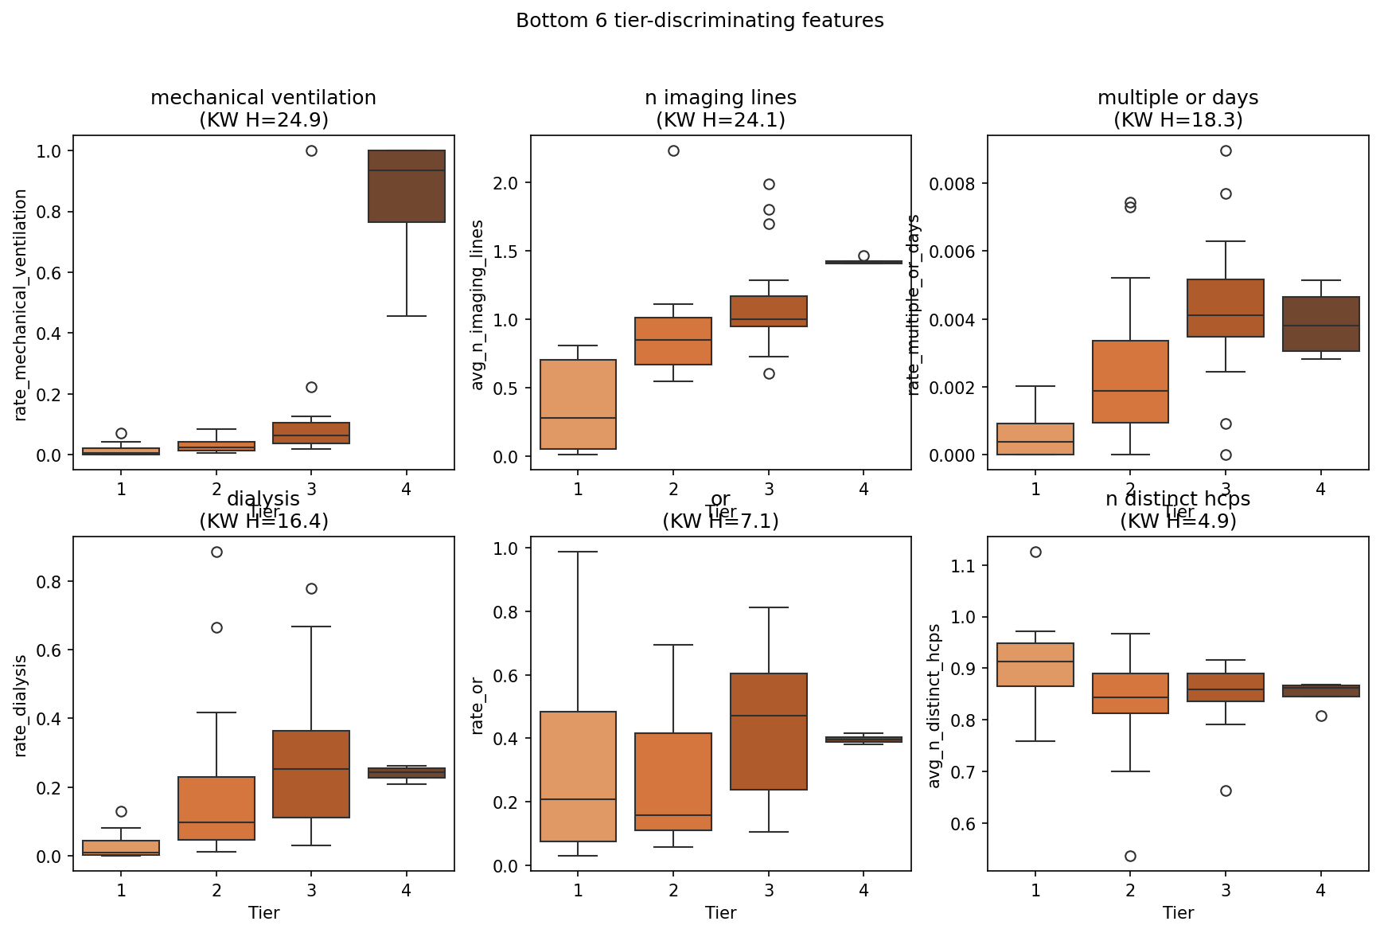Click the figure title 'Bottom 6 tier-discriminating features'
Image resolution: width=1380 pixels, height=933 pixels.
(x=700, y=21)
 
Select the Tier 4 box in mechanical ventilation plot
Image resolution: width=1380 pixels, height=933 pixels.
(x=407, y=186)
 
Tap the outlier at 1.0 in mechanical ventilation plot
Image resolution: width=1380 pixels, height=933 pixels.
(x=311, y=150)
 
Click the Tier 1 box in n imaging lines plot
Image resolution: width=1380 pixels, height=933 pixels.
(x=578, y=404)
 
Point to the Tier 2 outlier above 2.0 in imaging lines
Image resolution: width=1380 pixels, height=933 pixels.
(x=673, y=150)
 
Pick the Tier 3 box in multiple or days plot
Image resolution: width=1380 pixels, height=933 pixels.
(x=1226, y=308)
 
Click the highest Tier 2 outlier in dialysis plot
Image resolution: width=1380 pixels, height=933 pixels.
(x=216, y=552)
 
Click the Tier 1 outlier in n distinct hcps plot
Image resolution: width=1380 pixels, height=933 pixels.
(x=1035, y=552)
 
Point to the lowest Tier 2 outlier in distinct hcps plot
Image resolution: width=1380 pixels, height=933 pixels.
(x=1130, y=856)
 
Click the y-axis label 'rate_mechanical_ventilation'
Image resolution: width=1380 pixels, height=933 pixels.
(x=21, y=304)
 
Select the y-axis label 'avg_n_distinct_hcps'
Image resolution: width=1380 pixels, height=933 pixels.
(x=934, y=705)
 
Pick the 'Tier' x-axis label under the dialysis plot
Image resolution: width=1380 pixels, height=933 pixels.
(x=263, y=912)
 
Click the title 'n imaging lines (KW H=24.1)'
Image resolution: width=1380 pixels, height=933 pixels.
(x=720, y=108)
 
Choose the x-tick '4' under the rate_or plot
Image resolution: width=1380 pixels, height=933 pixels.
(x=863, y=890)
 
